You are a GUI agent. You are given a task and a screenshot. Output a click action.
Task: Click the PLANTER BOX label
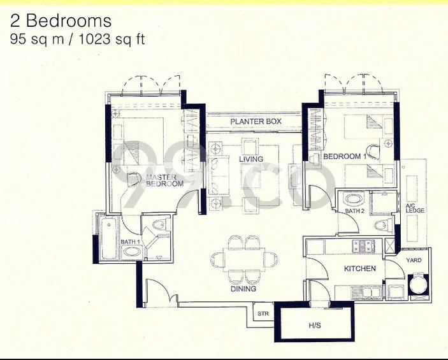pos(256,121)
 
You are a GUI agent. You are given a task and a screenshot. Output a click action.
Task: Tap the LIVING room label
pos(251,159)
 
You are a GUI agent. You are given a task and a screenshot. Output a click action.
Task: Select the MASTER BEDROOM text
pos(164,180)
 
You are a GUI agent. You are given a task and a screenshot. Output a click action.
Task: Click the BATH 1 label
pos(131,241)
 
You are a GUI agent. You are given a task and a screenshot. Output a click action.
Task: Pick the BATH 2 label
pos(354,211)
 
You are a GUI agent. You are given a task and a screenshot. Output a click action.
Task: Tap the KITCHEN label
pos(359,269)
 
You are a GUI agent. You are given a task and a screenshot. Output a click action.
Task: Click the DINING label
pos(243,289)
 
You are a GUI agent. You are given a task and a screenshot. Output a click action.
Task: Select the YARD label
pos(414,261)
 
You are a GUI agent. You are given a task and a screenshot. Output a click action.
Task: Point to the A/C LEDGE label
pos(415,208)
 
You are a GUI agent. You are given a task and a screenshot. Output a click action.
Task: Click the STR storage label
pos(263,313)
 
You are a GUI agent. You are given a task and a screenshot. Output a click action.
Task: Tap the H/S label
pos(315,325)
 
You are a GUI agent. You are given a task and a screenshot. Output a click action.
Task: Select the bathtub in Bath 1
pos(109,238)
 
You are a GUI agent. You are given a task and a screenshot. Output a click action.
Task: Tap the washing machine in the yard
pos(419,285)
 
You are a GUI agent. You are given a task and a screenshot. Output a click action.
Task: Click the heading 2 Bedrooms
pos(61,21)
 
